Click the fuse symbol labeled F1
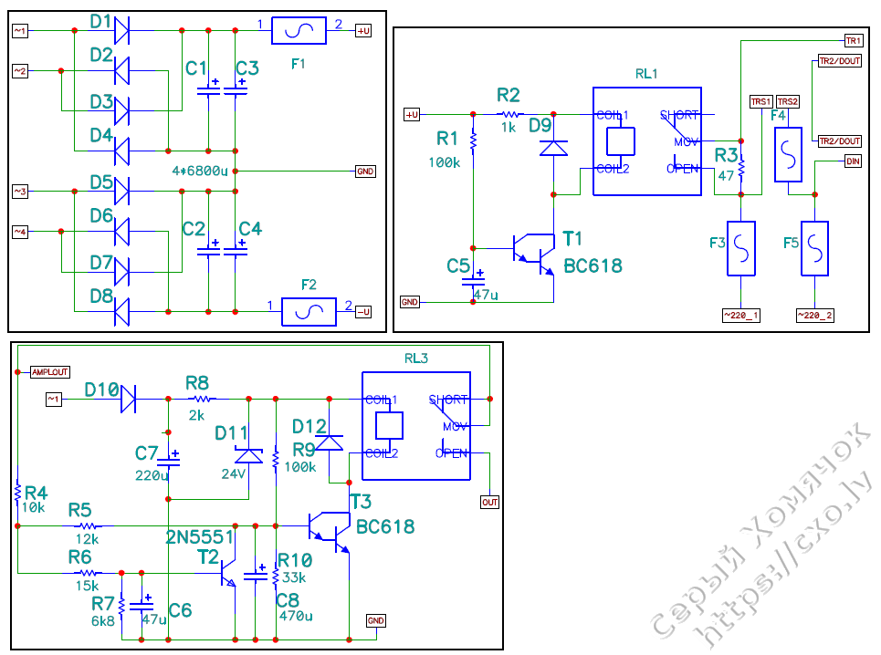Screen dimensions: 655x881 click(299, 30)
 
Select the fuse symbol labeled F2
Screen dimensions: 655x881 click(309, 313)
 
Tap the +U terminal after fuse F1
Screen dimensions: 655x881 click(362, 30)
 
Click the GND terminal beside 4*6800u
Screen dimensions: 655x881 click(364, 171)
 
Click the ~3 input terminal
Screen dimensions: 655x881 click(19, 191)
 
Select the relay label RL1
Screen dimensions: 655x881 click(646, 73)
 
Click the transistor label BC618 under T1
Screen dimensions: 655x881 click(593, 265)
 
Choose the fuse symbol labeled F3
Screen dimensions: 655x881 click(740, 248)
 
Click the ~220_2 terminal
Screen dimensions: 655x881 click(815, 315)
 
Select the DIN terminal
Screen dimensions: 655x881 click(853, 161)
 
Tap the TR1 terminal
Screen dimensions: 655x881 click(853, 41)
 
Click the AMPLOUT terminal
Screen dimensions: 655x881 click(49, 372)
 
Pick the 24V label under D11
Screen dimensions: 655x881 click(233, 473)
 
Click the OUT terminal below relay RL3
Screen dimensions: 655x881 click(490, 502)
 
